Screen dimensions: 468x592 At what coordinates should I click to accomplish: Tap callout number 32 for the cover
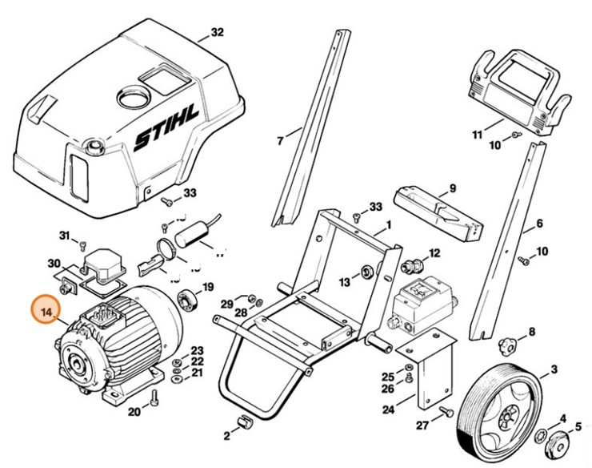tap(217, 33)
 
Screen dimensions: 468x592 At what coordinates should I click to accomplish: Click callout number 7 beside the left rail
tap(280, 141)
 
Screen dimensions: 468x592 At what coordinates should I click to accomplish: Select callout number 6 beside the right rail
tap(538, 224)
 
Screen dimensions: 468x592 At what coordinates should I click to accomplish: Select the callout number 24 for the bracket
tap(387, 410)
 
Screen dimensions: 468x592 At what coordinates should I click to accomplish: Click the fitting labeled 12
tap(414, 264)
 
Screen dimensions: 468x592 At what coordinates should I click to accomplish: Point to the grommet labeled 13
tap(367, 270)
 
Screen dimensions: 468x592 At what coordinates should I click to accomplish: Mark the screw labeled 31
tap(82, 241)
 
